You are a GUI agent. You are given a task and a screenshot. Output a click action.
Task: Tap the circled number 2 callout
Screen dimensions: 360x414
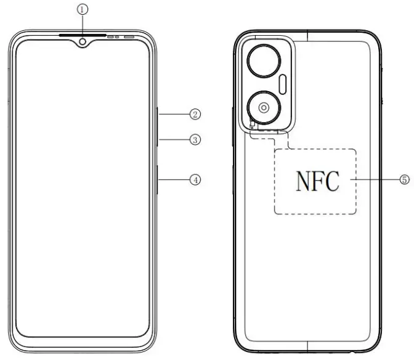(195, 114)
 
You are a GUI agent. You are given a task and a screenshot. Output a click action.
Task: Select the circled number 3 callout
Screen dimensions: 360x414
(195, 140)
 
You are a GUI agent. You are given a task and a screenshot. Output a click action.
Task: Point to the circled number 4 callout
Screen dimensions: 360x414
(195, 180)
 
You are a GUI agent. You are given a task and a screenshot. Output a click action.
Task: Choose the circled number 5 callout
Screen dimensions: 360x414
(405, 179)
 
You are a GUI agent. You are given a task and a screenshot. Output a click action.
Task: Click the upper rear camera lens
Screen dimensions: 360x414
(264, 60)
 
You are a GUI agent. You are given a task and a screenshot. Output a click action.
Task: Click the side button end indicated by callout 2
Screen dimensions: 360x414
(158, 114)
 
